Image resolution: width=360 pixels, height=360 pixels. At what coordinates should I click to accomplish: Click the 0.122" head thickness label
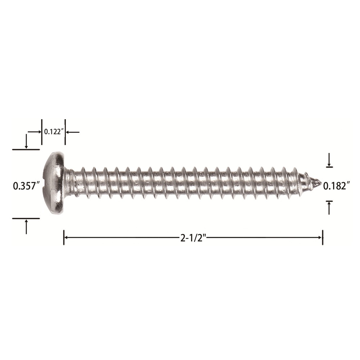54,132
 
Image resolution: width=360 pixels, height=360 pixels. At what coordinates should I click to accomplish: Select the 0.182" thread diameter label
337,186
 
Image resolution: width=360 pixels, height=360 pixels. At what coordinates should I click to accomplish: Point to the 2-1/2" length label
194,238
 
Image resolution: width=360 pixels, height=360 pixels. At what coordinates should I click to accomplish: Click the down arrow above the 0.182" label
329,160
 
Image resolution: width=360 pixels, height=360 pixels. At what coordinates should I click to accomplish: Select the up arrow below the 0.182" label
329,208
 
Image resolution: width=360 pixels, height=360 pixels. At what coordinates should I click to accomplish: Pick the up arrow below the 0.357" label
26,226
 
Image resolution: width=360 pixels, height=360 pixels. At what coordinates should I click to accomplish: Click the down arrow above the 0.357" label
26,141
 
